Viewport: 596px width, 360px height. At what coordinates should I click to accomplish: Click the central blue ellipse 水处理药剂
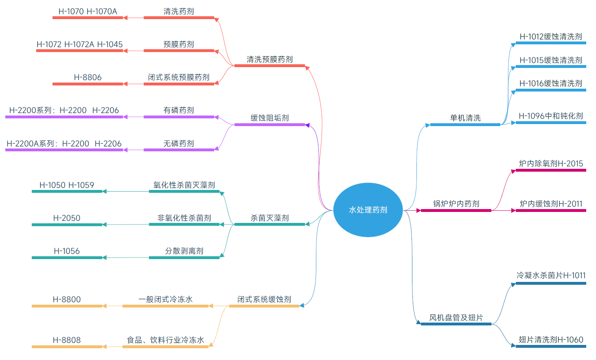[368, 210]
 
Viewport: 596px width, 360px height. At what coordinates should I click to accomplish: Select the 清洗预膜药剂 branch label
[270, 59]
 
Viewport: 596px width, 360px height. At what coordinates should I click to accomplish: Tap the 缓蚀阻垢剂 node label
[270, 118]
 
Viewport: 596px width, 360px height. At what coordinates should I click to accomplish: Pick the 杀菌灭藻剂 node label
[270, 218]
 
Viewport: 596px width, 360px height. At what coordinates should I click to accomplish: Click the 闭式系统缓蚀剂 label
[264, 299]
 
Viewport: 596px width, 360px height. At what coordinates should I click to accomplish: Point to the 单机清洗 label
[465, 118]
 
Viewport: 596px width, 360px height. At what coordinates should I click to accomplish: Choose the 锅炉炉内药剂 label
[456, 204]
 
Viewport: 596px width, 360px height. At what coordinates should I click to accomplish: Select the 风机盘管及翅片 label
[456, 318]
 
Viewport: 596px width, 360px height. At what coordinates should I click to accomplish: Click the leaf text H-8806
[88, 77]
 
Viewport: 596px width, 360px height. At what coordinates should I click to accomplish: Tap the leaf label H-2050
[67, 218]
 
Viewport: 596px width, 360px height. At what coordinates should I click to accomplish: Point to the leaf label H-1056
[67, 251]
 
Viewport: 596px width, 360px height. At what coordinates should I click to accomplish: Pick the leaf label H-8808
[67, 340]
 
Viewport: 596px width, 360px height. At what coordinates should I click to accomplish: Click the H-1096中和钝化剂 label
[551, 116]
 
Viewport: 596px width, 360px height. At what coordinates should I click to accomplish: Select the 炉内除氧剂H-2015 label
[551, 164]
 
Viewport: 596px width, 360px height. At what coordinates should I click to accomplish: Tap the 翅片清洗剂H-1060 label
[551, 340]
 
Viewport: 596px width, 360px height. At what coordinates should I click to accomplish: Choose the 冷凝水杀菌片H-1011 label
[551, 275]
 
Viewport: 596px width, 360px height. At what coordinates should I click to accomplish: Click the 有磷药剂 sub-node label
[179, 110]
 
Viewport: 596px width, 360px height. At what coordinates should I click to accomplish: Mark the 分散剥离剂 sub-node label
[184, 251]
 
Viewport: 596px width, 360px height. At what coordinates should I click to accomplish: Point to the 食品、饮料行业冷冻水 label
[165, 340]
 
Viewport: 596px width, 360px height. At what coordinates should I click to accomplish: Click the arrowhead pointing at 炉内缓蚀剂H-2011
[513, 211]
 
